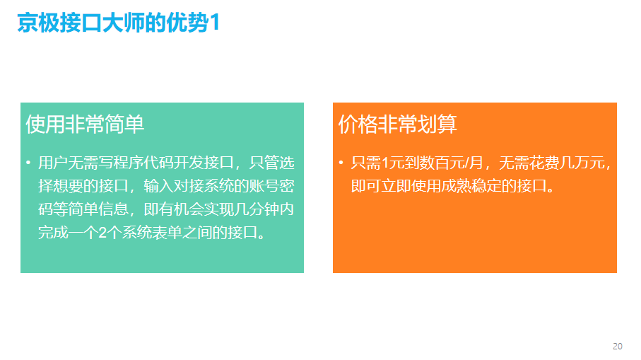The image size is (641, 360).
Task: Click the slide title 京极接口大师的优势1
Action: click(119, 23)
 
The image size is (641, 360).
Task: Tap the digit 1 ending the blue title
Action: click(215, 23)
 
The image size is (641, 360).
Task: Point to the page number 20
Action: click(617, 346)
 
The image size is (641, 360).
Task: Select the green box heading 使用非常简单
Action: click(85, 124)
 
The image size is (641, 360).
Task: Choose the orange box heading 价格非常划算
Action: click(397, 124)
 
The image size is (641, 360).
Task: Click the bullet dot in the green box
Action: click(28, 163)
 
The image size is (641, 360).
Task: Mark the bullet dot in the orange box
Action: click(341, 163)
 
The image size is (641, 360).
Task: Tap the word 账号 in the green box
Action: click(264, 186)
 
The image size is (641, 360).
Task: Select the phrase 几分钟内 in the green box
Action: click(264, 209)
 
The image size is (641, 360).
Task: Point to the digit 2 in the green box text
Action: click(102, 233)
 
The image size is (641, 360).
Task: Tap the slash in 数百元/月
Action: click(466, 163)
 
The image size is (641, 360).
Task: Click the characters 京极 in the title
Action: click(38, 23)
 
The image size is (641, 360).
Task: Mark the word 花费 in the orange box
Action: click(544, 163)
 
